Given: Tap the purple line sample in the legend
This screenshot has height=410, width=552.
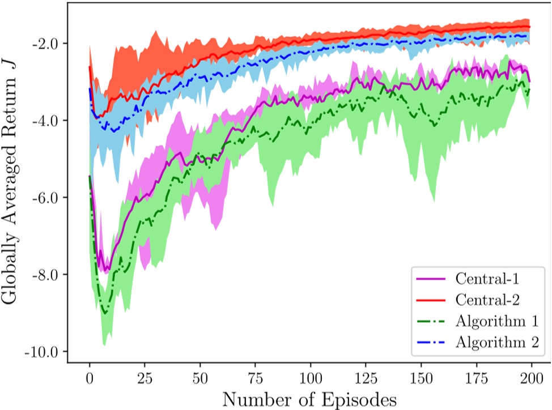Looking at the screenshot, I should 431,279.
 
